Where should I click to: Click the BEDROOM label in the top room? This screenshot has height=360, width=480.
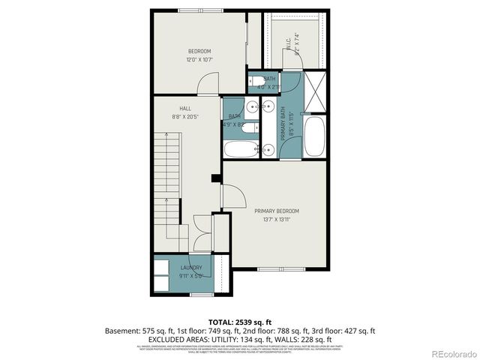tap(199, 51)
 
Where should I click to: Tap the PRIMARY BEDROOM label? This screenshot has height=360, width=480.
tap(276, 211)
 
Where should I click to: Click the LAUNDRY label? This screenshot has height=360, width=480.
tap(190, 268)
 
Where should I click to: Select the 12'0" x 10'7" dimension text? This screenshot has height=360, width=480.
tap(199, 59)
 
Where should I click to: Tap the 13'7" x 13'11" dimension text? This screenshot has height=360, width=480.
tap(276, 219)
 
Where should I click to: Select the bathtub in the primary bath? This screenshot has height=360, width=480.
tap(314, 136)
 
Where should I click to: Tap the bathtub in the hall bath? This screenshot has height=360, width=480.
tap(240, 148)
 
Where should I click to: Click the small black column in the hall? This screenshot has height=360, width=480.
tap(216, 178)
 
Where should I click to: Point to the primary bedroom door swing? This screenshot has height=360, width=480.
tap(234, 196)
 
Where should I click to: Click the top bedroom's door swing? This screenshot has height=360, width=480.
tap(208, 85)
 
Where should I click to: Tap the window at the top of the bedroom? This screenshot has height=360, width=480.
tap(199, 10)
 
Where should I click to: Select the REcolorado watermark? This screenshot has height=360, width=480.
tap(449, 352)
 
